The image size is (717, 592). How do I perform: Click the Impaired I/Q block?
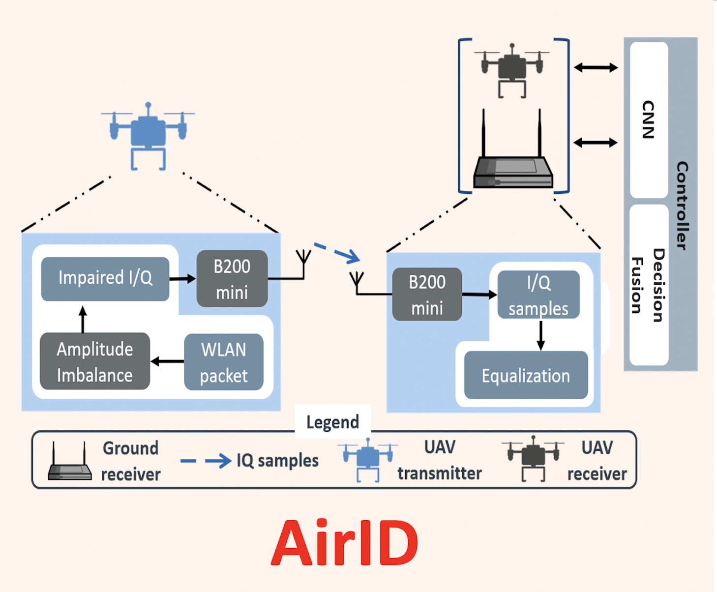coord(105,278)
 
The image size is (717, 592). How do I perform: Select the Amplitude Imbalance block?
coord(95,361)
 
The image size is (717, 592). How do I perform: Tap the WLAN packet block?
coord(224,362)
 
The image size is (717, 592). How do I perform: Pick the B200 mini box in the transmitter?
coord(232,279)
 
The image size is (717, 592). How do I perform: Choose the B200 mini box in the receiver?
coord(427,295)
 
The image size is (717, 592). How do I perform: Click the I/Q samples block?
coord(538,295)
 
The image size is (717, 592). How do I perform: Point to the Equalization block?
coord(526,376)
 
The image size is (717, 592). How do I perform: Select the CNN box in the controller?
coord(649,119)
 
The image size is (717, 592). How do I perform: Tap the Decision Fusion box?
coord(649,285)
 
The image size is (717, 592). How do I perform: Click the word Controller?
coord(682,205)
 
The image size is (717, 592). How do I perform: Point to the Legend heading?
coord(332,422)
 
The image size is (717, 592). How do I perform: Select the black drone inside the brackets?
coord(512,69)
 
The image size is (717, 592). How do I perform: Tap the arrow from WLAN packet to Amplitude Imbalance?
coord(167,361)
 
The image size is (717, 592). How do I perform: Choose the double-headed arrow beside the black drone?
coord(596,67)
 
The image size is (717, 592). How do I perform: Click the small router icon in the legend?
coord(69,462)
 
